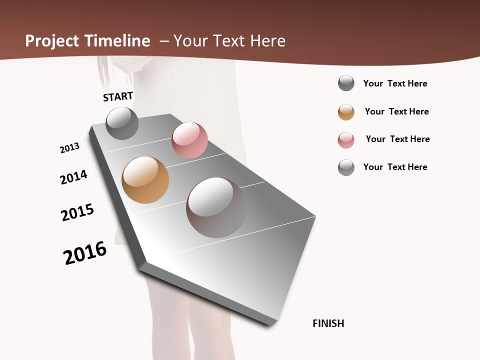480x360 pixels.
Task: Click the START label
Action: [x=118, y=96]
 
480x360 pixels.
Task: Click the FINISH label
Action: [x=328, y=323]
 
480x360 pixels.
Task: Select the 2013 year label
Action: [x=69, y=148]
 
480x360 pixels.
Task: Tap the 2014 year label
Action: [x=73, y=177]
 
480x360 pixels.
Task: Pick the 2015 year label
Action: [x=77, y=212]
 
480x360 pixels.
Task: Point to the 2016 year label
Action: [x=85, y=253]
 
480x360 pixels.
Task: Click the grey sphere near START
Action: [x=122, y=123]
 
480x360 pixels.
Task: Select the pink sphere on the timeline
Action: [x=189, y=140]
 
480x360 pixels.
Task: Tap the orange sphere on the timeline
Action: [x=145, y=180]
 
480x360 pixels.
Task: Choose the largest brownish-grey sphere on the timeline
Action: [x=216, y=207]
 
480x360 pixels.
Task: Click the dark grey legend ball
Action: [x=346, y=83]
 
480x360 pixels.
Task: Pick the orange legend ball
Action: [x=346, y=112]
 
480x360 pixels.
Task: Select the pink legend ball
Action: [x=346, y=140]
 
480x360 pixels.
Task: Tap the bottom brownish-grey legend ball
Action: [x=346, y=167]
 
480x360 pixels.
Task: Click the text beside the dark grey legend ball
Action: [x=395, y=83]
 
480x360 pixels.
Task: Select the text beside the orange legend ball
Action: [x=396, y=111]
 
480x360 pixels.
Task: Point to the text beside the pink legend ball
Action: [x=397, y=139]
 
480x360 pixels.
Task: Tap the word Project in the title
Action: [x=52, y=41]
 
